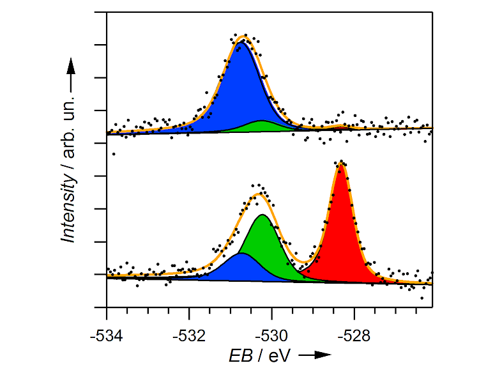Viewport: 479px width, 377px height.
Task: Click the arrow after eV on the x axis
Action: [x=315, y=355]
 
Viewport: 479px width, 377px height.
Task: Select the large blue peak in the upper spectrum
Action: [x=240, y=89]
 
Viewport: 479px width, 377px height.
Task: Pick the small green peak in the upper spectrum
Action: [x=262, y=126]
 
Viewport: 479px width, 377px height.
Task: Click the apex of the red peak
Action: [x=341, y=164]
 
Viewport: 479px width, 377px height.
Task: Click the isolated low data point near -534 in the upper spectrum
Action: [x=114, y=154]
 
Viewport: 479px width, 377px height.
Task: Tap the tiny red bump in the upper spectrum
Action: [x=342, y=127]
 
